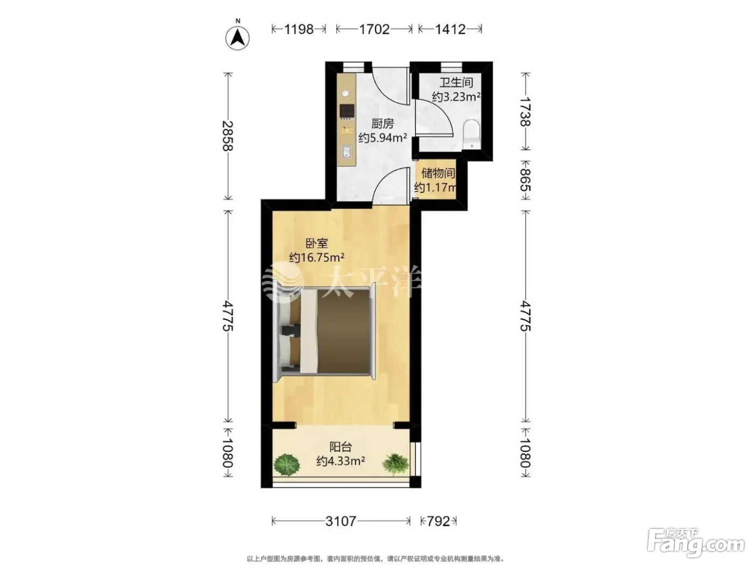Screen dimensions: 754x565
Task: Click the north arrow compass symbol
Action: (238, 37)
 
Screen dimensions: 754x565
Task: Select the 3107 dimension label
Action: (340, 521)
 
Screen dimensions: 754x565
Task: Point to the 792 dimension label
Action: (438, 521)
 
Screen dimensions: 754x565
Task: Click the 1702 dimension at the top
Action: (374, 30)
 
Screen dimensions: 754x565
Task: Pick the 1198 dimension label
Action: (299, 30)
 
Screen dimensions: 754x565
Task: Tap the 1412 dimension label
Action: (450, 30)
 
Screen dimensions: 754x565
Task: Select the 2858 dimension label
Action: (228, 136)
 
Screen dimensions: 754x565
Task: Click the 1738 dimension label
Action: (525, 111)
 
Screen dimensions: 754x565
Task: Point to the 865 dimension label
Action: (525, 180)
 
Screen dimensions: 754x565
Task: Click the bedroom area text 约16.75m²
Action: (316, 257)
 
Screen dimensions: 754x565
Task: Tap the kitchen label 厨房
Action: (382, 124)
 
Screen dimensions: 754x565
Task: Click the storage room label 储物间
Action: (438, 173)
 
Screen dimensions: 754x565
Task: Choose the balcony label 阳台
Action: (340, 447)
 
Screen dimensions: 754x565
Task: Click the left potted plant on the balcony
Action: (287, 465)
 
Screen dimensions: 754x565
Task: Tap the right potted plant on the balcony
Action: (395, 464)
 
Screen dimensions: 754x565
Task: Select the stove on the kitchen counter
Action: (347, 111)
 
